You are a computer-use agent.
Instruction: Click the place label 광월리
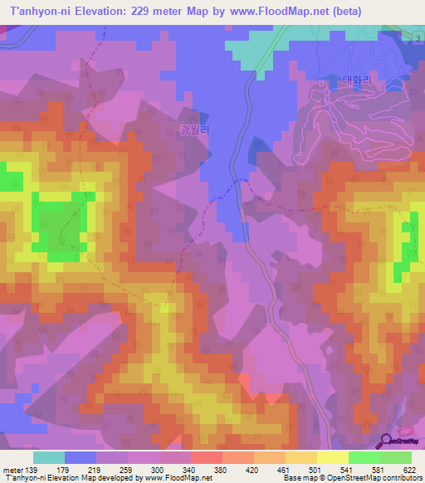click(x=194, y=130)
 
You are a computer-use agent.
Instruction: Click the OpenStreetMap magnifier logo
click(x=386, y=442)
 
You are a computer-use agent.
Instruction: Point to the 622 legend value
click(x=409, y=469)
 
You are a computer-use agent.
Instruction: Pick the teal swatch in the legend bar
click(x=49, y=457)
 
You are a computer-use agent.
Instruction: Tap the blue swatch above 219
click(x=81, y=457)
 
